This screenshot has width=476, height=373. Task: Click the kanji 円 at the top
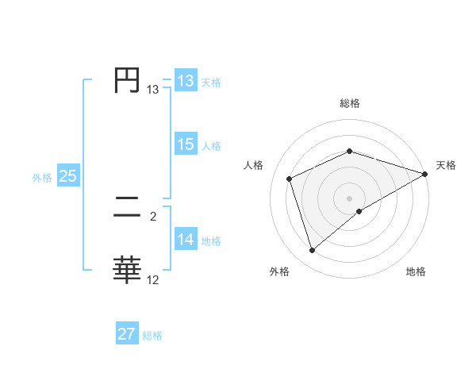click(x=127, y=80)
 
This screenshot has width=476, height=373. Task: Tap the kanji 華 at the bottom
click(x=127, y=270)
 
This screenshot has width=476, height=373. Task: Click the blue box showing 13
click(x=185, y=81)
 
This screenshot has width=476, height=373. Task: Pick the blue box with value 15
click(x=185, y=144)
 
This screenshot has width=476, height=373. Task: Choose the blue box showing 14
click(x=185, y=240)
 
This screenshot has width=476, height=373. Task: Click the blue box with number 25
click(x=67, y=176)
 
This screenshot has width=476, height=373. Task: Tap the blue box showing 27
click(x=126, y=334)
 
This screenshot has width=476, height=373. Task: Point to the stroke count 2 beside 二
click(x=153, y=216)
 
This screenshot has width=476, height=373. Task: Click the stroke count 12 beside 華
click(x=153, y=279)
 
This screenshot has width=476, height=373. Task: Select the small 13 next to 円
click(x=153, y=90)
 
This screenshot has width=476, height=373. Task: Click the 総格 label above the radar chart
click(x=349, y=103)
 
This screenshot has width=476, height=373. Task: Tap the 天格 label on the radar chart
click(x=446, y=165)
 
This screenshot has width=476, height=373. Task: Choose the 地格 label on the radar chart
click(x=416, y=272)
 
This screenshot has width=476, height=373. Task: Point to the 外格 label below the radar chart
click(x=279, y=272)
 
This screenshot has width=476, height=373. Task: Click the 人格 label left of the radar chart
click(x=254, y=165)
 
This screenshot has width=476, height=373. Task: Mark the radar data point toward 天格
click(x=425, y=173)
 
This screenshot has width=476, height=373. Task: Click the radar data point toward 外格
click(x=312, y=251)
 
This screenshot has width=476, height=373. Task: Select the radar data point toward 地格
click(x=359, y=211)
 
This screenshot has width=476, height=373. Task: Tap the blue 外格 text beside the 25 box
click(x=42, y=178)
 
